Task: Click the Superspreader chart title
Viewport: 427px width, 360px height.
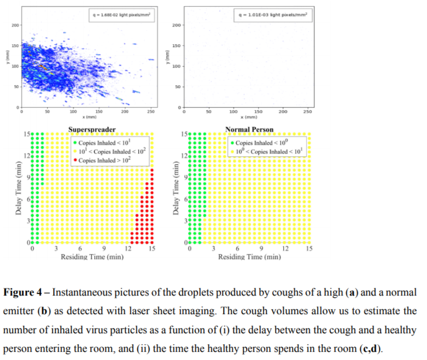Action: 91,129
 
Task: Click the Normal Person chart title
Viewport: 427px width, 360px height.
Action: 249,129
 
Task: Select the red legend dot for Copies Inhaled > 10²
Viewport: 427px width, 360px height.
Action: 75,161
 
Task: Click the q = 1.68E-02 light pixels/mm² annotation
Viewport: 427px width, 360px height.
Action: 122,15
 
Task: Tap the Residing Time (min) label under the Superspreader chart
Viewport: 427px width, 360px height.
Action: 92,256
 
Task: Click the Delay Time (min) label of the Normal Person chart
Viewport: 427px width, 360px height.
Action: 176,188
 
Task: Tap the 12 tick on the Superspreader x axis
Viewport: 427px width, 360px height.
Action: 128,249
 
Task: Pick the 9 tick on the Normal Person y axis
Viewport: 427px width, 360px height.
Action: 185,178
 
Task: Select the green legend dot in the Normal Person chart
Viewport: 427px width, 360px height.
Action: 232,143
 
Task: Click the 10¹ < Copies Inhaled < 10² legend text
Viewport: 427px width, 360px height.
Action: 112,151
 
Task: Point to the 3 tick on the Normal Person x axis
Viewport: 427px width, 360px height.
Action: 214,249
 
